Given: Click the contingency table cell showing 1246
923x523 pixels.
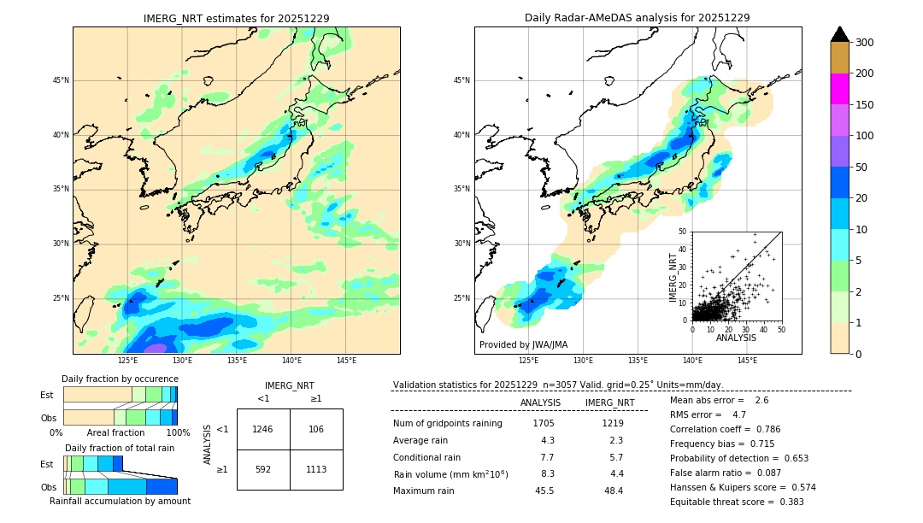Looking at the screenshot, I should click(x=263, y=429).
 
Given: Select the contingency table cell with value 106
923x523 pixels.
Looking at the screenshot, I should click(x=316, y=429).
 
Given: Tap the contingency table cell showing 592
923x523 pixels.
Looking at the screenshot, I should click(x=263, y=469).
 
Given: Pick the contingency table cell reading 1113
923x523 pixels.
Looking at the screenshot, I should click(x=316, y=469).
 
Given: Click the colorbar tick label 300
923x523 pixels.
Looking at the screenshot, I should click(x=865, y=43).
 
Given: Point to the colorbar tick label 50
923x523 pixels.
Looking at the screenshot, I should click(x=861, y=167).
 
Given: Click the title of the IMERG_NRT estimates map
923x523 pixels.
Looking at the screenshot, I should click(x=236, y=18).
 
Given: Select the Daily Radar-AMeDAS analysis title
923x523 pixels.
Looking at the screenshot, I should click(x=638, y=18).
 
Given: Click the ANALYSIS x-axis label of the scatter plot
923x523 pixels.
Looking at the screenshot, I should click(x=736, y=338).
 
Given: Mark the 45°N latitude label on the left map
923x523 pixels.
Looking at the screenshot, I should click(x=61, y=80).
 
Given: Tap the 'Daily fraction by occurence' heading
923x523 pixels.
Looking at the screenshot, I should click(x=120, y=379).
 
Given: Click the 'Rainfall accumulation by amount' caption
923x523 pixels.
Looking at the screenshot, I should click(x=120, y=501).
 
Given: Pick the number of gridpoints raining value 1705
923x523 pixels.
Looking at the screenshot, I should click(x=544, y=423).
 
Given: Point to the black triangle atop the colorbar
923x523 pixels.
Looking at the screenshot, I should click(x=840, y=34).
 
